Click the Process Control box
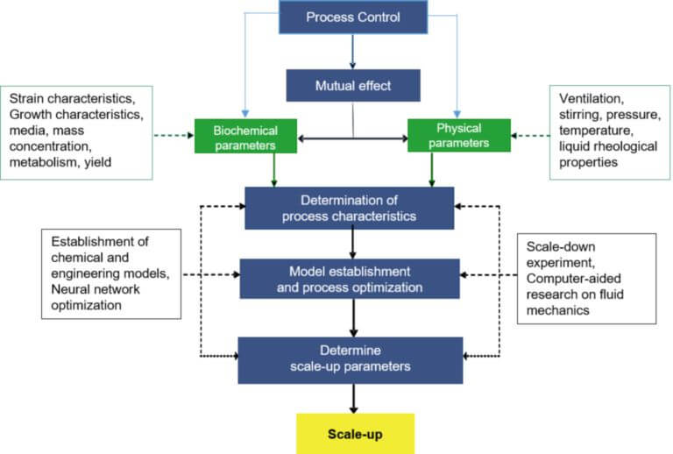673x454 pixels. pyautogui.click(x=353, y=18)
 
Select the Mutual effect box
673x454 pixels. pyautogui.click(x=353, y=86)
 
